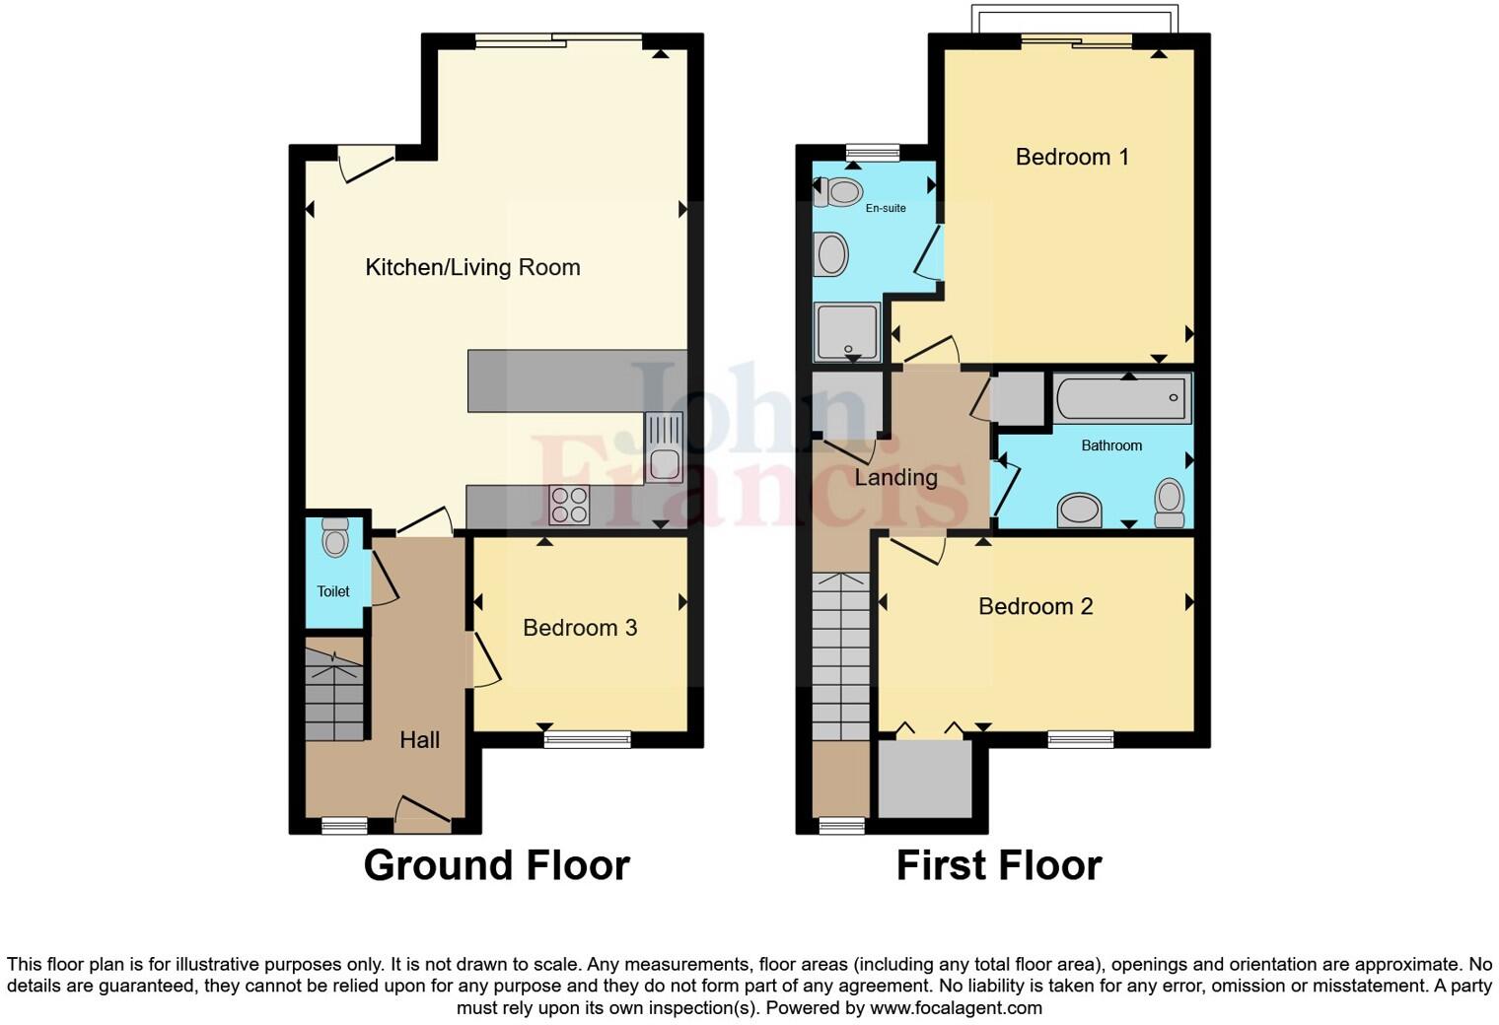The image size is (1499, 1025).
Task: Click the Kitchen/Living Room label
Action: coord(472,267)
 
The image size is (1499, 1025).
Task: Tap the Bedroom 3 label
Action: coord(580,628)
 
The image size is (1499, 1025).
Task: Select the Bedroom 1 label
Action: coord(1072,157)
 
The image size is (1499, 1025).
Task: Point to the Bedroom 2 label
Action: coord(1035,606)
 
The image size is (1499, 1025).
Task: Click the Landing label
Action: coord(895,478)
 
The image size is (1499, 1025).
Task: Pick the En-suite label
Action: coord(886,208)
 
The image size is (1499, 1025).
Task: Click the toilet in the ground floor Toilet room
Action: coord(335,538)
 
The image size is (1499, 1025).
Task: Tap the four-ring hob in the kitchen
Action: coord(570,506)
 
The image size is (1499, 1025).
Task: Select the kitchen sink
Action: coord(664,448)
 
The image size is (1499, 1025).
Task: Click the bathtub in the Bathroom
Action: coord(1122,399)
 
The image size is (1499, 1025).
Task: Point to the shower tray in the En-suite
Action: coord(845,332)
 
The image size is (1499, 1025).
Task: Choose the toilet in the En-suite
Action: coord(838,191)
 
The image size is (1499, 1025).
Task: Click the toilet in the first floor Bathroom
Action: coord(1170,502)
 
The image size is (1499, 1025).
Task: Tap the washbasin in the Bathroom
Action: coord(1079,511)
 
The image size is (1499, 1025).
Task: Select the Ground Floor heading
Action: coord(496,865)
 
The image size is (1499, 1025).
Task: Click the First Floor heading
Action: coord(998,865)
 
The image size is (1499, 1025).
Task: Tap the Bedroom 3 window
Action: coord(587,738)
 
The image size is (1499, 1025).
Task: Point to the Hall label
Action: coord(419,740)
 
